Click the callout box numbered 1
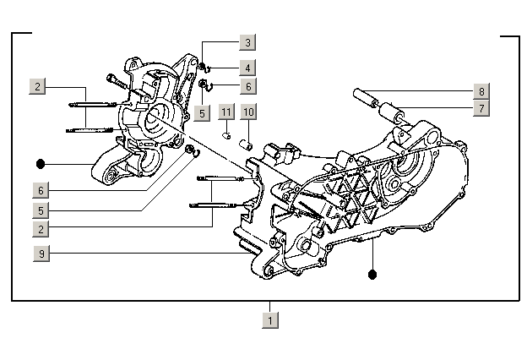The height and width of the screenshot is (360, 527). click(x=269, y=320)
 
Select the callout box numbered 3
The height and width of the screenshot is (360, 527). click(x=247, y=42)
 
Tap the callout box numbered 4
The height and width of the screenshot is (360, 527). click(x=247, y=67)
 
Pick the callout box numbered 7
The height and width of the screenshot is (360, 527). click(x=481, y=108)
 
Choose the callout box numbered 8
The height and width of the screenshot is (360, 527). click(x=481, y=91)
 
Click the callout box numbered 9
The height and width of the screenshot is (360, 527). click(x=40, y=254)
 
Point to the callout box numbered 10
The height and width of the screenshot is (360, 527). click(x=248, y=112)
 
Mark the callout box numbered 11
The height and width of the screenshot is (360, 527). click(x=225, y=112)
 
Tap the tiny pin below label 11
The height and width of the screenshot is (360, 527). click(x=226, y=133)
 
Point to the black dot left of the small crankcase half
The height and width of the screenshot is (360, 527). click(x=40, y=162)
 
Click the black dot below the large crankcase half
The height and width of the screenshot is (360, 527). click(x=372, y=274)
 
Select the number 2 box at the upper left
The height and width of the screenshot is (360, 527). click(x=38, y=86)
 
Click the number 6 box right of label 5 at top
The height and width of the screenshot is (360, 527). click(x=247, y=86)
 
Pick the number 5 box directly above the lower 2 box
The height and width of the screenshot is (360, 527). click(x=40, y=210)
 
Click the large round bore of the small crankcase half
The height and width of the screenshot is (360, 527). click(x=157, y=120)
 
